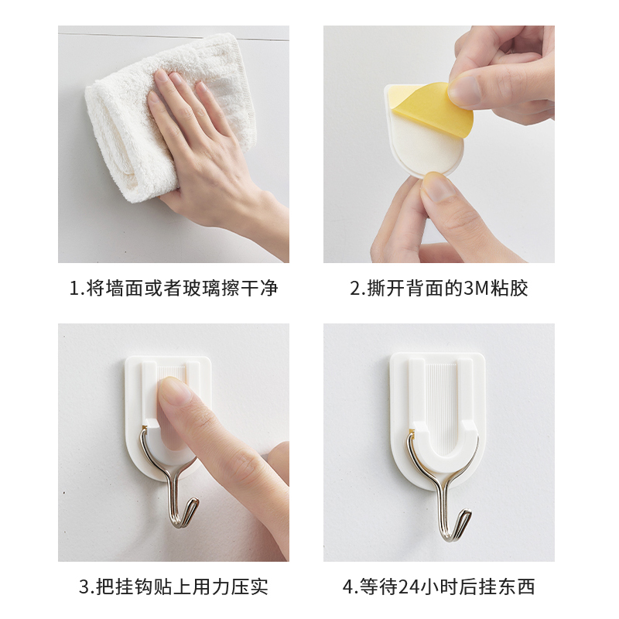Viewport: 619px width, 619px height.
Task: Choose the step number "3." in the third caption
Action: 87,587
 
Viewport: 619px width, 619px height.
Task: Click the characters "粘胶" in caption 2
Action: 508,289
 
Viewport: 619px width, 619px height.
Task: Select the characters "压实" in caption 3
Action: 249,587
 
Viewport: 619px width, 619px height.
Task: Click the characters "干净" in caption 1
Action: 258,289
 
